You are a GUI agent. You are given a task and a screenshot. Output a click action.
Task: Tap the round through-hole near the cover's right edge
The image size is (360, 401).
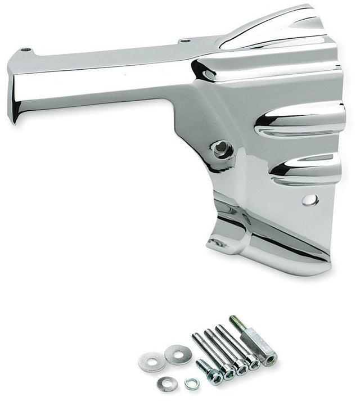(x=309, y=200)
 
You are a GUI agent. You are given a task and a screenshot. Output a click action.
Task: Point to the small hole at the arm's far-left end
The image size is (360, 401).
(x=25, y=50)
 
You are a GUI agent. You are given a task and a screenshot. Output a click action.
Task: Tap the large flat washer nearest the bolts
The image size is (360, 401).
(x=178, y=354)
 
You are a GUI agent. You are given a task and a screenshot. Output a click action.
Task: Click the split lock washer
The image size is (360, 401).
(x=192, y=384)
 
